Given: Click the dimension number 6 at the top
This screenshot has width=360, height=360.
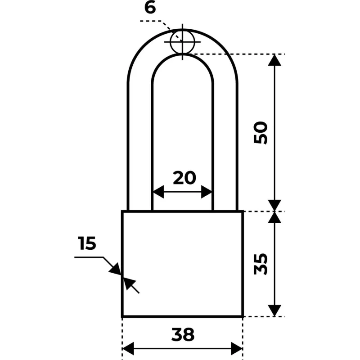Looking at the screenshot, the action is [150, 8].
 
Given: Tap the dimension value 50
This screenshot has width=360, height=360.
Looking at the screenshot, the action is [261, 133].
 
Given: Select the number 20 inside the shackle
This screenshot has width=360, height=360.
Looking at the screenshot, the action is [184, 178].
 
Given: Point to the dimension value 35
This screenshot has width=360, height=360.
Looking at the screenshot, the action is [261, 264].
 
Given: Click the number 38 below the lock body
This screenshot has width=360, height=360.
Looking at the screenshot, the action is [183, 334].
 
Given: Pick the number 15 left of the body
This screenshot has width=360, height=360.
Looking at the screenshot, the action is [87, 243].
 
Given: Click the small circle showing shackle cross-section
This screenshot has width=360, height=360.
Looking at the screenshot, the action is [183, 42].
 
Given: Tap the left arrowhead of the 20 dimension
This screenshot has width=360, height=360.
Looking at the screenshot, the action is [158, 192].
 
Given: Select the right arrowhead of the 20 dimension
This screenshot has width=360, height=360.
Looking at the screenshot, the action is [207, 192].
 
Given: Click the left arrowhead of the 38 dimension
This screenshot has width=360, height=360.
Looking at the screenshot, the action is [128, 348].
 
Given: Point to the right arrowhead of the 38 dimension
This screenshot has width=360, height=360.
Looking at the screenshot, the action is [237, 348].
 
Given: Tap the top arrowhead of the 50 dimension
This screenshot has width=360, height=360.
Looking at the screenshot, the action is [274, 60].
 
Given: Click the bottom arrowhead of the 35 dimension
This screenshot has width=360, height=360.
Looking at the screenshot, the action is [274, 310].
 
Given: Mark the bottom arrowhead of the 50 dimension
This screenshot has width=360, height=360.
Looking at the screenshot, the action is [274, 206].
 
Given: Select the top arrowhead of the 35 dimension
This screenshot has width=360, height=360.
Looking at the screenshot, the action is [274, 217].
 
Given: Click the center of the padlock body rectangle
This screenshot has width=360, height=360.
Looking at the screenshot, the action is [183, 264].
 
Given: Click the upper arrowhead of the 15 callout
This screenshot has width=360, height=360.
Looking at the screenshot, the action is [116, 269].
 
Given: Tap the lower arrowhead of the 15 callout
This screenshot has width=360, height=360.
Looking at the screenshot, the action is [129, 283].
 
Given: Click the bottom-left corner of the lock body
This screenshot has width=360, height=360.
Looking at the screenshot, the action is [122, 316].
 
